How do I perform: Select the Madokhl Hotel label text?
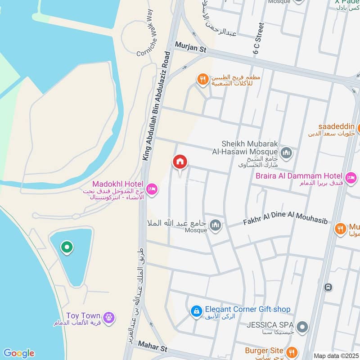tap(117, 184)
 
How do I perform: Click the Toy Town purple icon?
tap(108, 318)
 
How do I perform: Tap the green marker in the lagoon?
tap(67, 247)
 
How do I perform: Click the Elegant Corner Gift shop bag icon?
tap(196, 311)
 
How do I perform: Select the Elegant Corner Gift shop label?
tap(247, 310)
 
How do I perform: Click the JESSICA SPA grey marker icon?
tap(303, 327)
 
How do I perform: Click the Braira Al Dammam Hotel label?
tap(300, 175)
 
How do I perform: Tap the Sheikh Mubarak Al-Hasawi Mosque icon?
tap(286, 154)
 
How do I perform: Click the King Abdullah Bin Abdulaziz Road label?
tap(157, 106)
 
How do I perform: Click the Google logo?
tap(18, 353)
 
